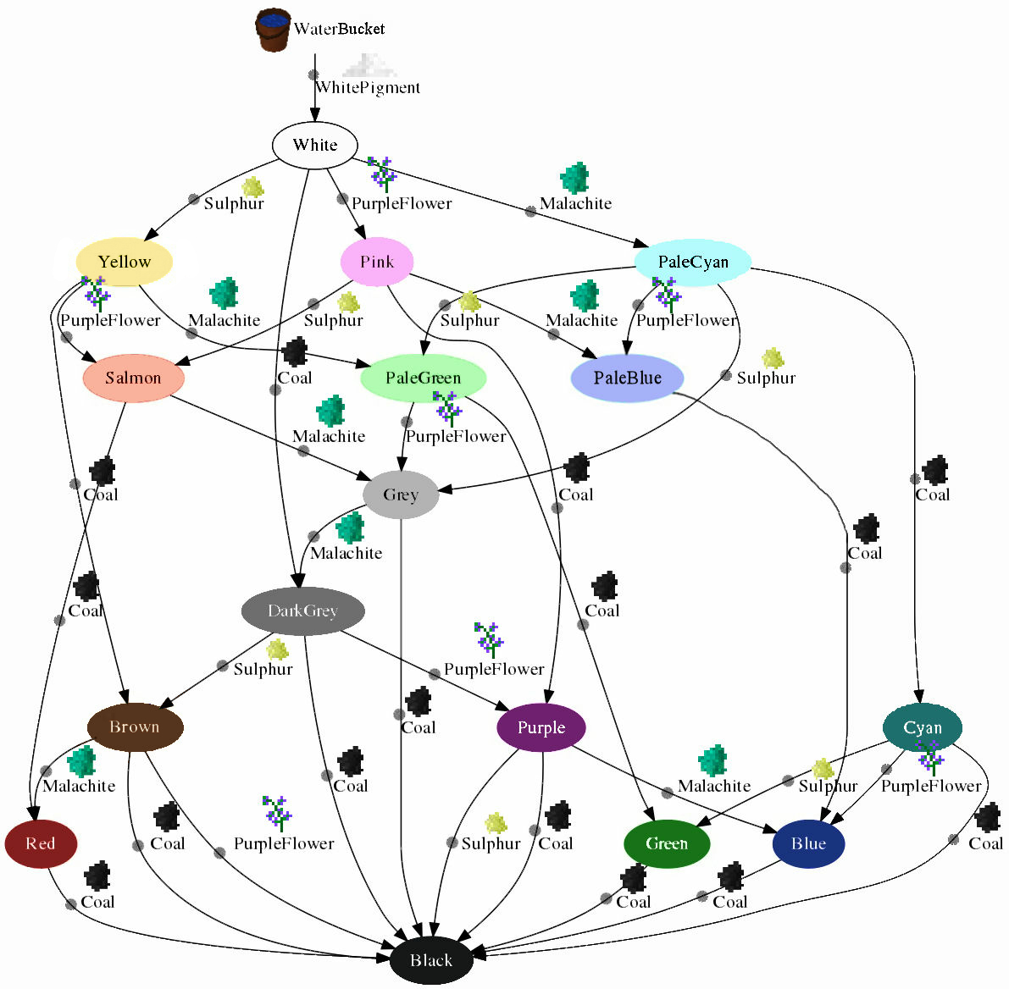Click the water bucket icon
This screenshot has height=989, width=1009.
coord(273,30)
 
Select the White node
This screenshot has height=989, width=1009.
coord(314,145)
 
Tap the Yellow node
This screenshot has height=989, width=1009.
coord(125,262)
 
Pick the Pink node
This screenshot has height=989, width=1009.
coord(377,262)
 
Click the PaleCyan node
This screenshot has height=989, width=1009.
coord(693,262)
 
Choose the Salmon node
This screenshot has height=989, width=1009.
coord(134,378)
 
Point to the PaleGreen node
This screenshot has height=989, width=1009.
coord(424,378)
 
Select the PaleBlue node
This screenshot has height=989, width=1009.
coord(628,378)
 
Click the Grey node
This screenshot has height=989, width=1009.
coord(401,494)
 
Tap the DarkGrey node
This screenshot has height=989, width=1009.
coord(302,611)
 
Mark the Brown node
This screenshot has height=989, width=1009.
coord(135,727)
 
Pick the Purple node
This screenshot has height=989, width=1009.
coord(541,727)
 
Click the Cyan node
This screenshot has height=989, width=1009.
coord(923,727)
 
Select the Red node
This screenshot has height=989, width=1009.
coord(41,843)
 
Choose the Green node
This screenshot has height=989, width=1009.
coord(667,843)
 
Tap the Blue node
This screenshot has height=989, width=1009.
coord(809,843)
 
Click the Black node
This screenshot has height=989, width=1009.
coord(431,960)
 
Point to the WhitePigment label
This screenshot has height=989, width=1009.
coord(368,87)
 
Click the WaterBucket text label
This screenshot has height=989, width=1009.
coord(339,29)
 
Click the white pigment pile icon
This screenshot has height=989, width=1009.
coord(369,65)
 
